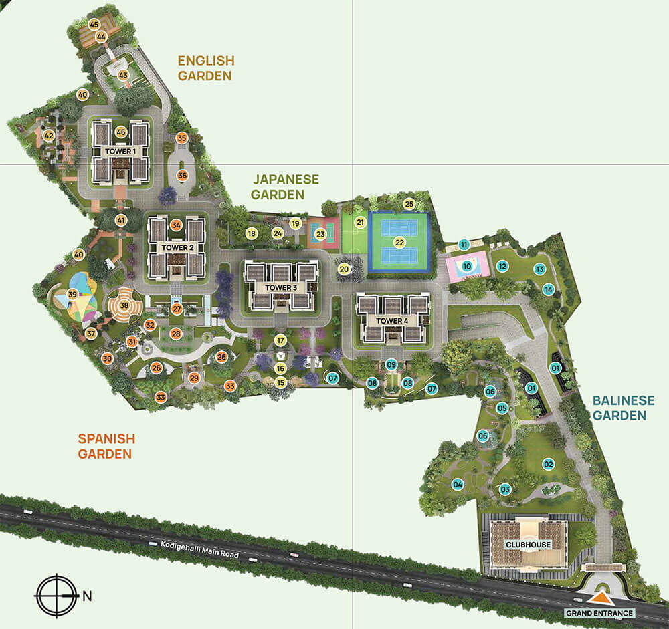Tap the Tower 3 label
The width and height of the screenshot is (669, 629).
pyautogui.click(x=281, y=288)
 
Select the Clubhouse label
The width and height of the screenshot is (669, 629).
pyautogui.click(x=529, y=545)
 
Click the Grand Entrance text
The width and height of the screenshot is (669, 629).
pyautogui.click(x=599, y=613)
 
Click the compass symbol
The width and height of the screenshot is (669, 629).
pyautogui.click(x=56, y=594)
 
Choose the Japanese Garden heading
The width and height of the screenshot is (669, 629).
pyautogui.click(x=286, y=187)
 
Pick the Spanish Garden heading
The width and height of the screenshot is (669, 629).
pyautogui.click(x=106, y=447)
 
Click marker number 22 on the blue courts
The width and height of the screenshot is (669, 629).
pyautogui.click(x=399, y=242)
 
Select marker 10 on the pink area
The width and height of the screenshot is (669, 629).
pyautogui.click(x=467, y=267)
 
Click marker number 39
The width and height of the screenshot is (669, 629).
pyautogui.click(x=72, y=295)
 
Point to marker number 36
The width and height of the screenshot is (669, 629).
pyautogui.click(x=182, y=175)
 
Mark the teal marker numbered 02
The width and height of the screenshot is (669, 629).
pyautogui.click(x=549, y=463)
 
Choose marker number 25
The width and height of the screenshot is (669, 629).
pyautogui.click(x=409, y=204)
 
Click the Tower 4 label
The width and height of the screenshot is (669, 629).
pyautogui.click(x=392, y=321)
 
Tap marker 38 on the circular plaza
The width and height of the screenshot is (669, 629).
pyautogui.click(x=124, y=306)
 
